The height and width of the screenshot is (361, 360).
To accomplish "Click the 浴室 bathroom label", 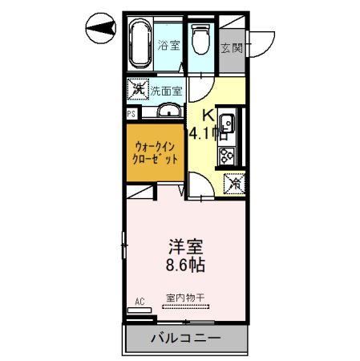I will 168,45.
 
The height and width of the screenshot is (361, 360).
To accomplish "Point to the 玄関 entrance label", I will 232,46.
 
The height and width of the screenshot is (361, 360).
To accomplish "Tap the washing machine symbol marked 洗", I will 137,89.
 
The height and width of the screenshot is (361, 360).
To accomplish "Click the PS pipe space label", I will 130,114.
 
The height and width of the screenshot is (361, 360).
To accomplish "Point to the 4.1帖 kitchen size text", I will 204,133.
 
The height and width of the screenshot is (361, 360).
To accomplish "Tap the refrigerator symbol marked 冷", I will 236,183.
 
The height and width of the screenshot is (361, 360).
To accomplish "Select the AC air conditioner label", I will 139,302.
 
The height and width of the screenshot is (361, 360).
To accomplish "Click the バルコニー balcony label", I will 185,339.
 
